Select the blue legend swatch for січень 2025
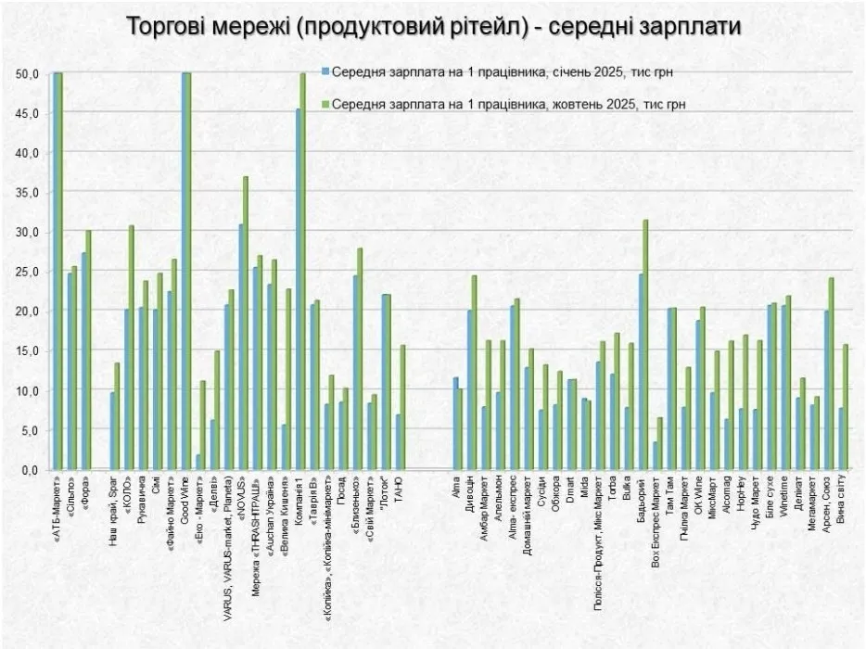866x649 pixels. [x=325, y=71]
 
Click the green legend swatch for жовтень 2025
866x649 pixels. [x=325, y=105]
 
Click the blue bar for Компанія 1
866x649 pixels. [x=298, y=289]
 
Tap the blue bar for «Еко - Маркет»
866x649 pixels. [x=198, y=462]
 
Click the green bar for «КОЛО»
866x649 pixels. [x=132, y=348]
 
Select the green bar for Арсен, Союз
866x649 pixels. [x=832, y=374]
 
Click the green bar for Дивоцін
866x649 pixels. [x=474, y=373]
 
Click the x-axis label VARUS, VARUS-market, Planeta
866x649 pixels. [x=228, y=542]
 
